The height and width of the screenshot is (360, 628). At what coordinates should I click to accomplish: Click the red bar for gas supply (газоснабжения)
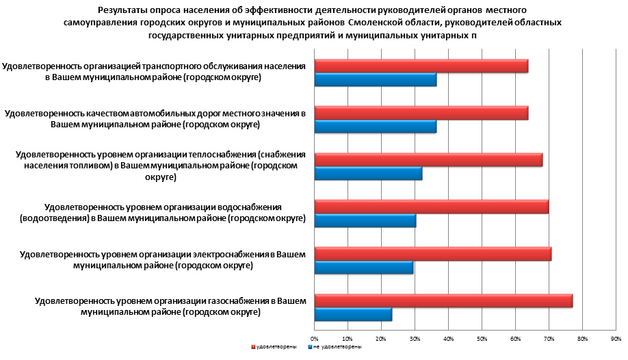(443, 301)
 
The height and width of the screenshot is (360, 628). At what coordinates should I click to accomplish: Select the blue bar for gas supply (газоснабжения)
(353, 315)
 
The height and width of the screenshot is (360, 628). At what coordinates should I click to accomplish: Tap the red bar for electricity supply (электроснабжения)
(432, 255)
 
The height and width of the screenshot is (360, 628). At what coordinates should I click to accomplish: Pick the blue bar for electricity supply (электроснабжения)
(364, 268)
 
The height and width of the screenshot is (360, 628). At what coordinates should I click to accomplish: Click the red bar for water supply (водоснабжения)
(431, 207)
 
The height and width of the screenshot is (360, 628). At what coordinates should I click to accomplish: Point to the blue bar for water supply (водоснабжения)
(365, 220)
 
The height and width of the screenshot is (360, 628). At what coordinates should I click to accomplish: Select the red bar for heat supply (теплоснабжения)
(428, 160)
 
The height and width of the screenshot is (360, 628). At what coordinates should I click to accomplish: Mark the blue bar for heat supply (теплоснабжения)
(368, 173)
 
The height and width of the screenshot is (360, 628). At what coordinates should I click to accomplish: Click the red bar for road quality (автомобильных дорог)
(421, 113)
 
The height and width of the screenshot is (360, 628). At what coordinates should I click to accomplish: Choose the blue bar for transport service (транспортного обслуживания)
(375, 79)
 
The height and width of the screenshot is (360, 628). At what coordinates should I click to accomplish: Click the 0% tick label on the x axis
(315, 338)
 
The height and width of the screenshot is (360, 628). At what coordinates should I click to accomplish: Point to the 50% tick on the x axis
(482, 338)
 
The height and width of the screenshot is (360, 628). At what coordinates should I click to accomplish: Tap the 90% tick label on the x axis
(616, 338)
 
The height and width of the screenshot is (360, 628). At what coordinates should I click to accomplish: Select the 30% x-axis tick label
(415, 338)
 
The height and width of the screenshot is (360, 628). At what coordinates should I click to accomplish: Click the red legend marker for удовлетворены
(253, 347)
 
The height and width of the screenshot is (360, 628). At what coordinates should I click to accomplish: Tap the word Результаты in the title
(120, 10)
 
